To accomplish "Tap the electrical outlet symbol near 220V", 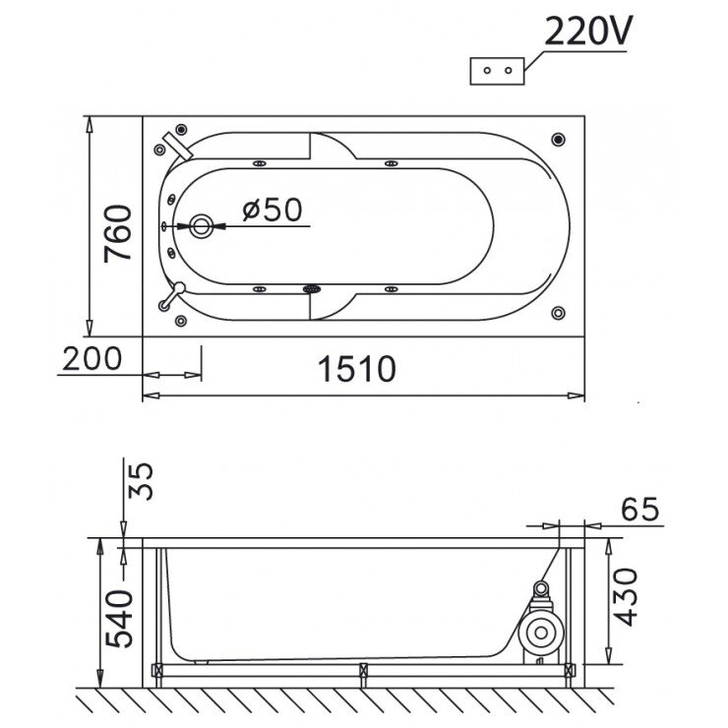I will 497,72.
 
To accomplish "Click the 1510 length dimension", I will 357,369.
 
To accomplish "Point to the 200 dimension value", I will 91,359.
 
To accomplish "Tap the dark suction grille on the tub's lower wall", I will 313,289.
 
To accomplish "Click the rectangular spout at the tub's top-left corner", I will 180,145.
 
